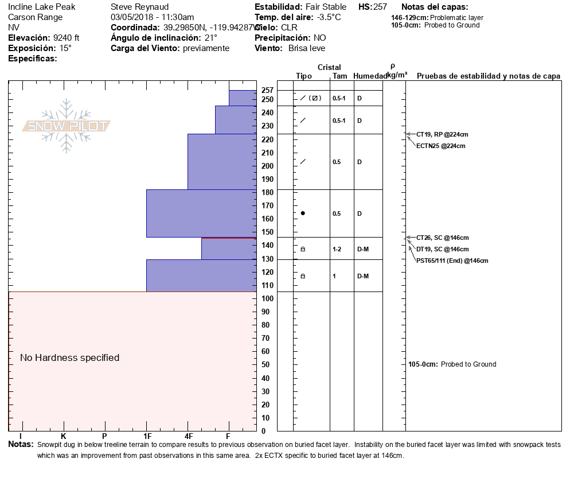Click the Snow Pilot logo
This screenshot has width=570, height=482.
(67, 126)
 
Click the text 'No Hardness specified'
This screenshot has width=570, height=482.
(70, 357)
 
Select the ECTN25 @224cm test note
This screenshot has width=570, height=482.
(440, 146)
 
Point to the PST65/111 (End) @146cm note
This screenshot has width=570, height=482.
(452, 261)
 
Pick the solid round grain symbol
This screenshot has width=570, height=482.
(303, 213)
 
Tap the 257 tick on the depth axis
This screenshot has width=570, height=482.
(267, 90)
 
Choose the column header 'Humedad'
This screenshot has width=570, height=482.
(370, 76)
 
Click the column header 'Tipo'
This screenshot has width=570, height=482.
(304, 76)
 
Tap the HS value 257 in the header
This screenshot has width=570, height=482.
(380, 7)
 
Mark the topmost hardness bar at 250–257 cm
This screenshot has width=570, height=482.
(243, 98)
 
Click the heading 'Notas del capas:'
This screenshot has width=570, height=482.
(435, 7)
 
